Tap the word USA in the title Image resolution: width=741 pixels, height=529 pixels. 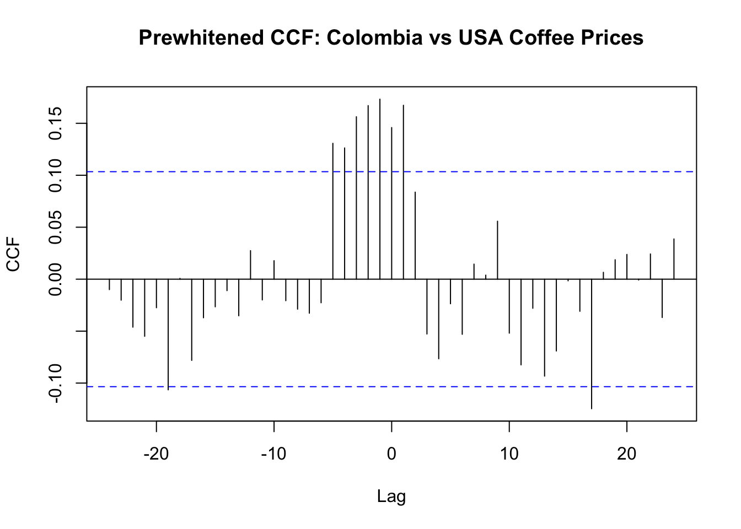pyautogui.click(x=479, y=38)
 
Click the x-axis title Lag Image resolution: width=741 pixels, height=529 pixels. pyautogui.click(x=391, y=496)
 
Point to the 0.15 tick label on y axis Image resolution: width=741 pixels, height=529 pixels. pyautogui.click(x=56, y=124)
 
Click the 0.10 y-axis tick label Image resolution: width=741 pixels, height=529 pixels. pyautogui.click(x=56, y=175)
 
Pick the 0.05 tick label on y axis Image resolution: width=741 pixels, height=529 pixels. pyautogui.click(x=56, y=227)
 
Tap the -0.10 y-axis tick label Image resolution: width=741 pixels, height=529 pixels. pyautogui.click(x=56, y=383)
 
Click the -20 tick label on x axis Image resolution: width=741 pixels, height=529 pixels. pyautogui.click(x=156, y=455)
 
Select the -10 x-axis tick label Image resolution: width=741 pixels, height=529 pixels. pyautogui.click(x=273, y=455)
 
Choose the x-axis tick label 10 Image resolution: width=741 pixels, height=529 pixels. pyautogui.click(x=509, y=455)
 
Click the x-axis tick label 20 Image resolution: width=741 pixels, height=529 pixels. pyautogui.click(x=627, y=455)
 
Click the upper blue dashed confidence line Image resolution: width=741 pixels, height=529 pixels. pyautogui.click(x=221, y=172)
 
